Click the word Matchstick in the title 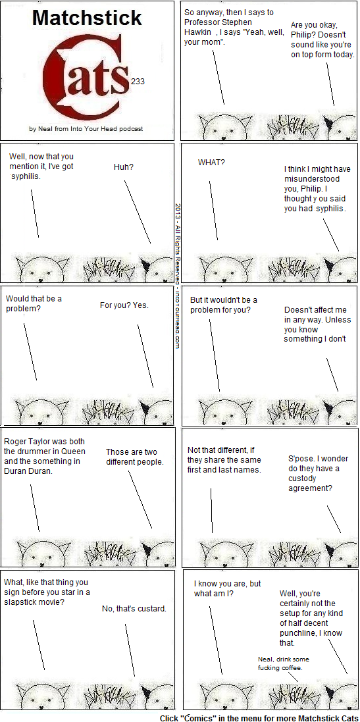tap(87, 18)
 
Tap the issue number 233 tap(138, 82)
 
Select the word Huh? tap(124, 167)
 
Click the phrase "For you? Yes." tap(124, 305)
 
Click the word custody tap(302, 478)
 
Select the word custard tap(151, 609)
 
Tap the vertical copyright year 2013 tap(178, 211)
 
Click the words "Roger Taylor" tap(24, 442)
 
